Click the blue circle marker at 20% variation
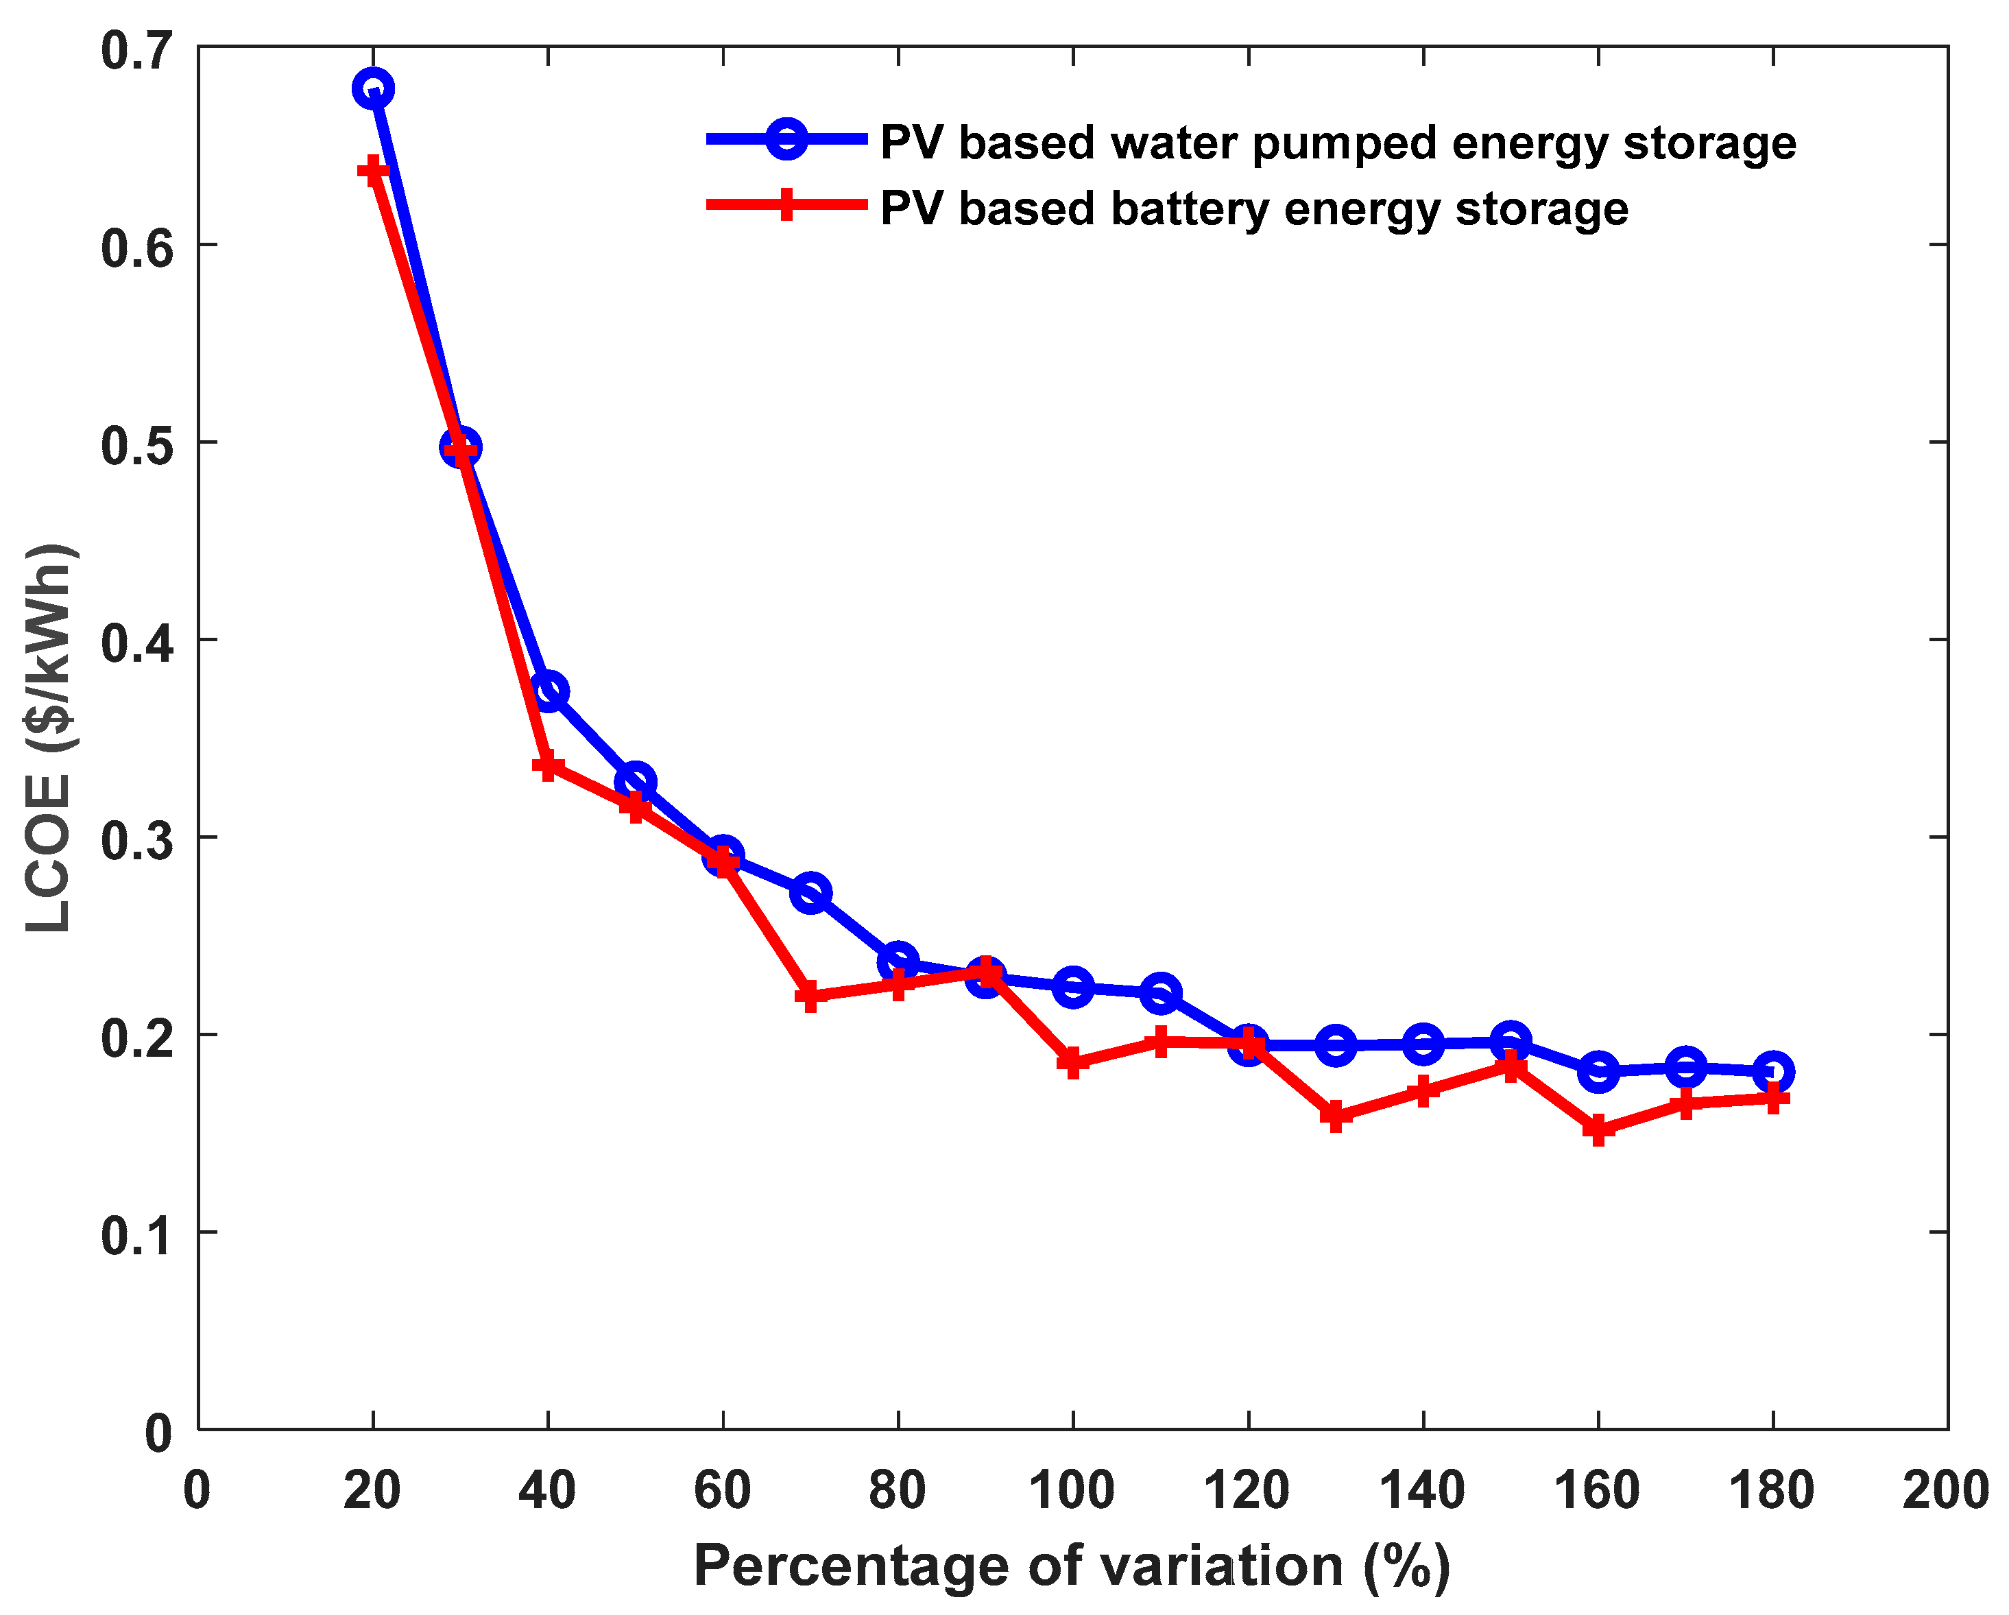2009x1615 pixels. (x=373, y=88)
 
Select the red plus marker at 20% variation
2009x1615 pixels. (x=373, y=171)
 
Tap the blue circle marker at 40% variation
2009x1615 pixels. (x=549, y=691)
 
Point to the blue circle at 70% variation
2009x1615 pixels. (x=810, y=893)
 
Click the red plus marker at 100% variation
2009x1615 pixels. (x=1072, y=1062)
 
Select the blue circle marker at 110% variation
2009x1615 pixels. (x=1160, y=992)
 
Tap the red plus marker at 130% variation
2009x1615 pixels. (x=1335, y=1116)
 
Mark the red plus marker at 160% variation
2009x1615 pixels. (x=1598, y=1130)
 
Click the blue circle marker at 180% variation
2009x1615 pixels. (x=1773, y=1072)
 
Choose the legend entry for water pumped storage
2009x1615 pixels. (x=1337, y=143)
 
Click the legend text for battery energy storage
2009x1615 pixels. (x=1254, y=208)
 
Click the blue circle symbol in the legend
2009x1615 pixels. (x=786, y=140)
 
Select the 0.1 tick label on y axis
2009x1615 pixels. (x=138, y=1236)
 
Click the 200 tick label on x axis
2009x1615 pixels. (x=1946, y=1490)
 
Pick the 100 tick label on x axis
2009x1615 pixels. (x=1072, y=1490)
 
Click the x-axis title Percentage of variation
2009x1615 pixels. (x=1072, y=1565)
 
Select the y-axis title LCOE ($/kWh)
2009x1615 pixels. (x=49, y=737)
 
